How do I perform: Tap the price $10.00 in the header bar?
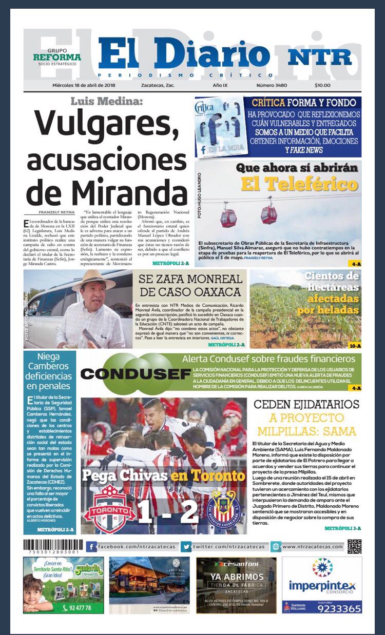coord(322,85)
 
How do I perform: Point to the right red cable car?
coord(268,212)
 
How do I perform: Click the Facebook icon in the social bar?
coord(92,547)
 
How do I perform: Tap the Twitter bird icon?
coord(186,547)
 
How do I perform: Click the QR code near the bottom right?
coord(354,546)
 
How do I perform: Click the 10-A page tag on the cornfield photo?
coord(354,346)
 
